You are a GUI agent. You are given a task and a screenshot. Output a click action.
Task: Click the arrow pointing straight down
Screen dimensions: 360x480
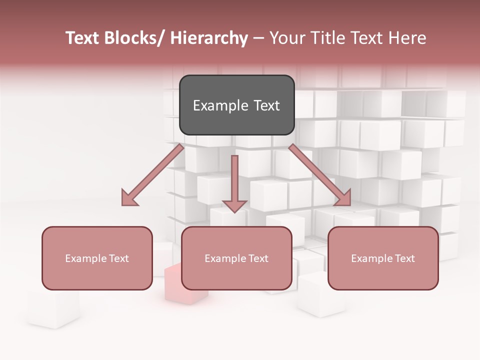click(234, 180)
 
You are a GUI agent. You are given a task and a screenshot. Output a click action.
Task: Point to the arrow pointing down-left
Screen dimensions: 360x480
click(152, 175)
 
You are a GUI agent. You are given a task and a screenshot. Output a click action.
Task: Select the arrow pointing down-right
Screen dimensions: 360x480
click(320, 175)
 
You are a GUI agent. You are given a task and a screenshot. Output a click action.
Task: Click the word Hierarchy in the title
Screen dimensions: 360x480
click(209, 38)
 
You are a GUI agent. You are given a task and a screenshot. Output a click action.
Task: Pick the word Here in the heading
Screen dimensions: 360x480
click(408, 38)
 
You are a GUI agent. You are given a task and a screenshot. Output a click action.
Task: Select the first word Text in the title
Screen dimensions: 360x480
click(82, 38)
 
